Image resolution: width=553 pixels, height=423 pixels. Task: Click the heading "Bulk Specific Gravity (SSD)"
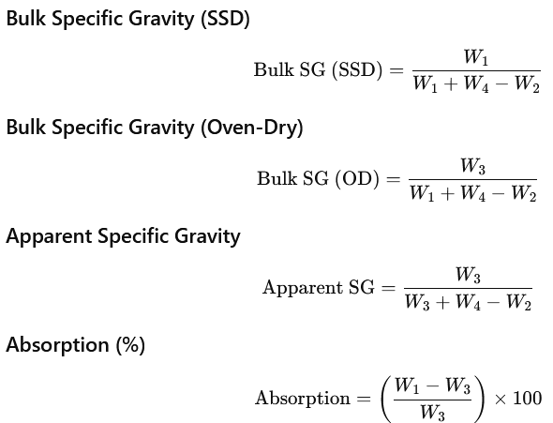tap(128, 19)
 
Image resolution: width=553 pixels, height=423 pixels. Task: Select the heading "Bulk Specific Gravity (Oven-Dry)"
tap(155, 127)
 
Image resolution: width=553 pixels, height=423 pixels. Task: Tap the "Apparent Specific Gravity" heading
tap(123, 236)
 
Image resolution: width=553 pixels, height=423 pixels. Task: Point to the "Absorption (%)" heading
tap(76, 344)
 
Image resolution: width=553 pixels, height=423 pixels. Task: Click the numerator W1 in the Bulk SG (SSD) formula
tap(476, 57)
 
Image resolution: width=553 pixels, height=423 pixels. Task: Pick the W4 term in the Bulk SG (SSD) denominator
tap(476, 85)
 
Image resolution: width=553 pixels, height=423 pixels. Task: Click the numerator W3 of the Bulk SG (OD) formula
tap(472, 166)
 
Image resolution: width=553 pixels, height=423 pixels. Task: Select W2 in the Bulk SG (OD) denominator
tap(524, 194)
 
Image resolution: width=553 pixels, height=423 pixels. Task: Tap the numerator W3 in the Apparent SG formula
tap(468, 275)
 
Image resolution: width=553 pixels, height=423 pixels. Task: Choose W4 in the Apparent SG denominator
tap(468, 303)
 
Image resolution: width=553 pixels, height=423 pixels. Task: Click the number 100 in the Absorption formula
tap(528, 399)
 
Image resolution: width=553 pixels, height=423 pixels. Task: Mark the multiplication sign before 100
tap(501, 399)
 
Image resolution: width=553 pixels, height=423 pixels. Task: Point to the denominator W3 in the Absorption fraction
tap(432, 413)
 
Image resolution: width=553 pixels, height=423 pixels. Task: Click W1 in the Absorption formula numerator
tap(407, 385)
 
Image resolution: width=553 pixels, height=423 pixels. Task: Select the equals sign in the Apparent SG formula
tap(388, 288)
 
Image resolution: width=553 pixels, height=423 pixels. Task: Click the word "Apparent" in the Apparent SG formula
tap(303, 288)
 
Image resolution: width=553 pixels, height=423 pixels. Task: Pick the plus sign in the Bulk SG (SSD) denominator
tap(451, 85)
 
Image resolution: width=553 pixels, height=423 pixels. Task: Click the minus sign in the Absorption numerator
tap(432, 386)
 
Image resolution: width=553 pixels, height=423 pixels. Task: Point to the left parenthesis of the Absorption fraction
tap(386, 399)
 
